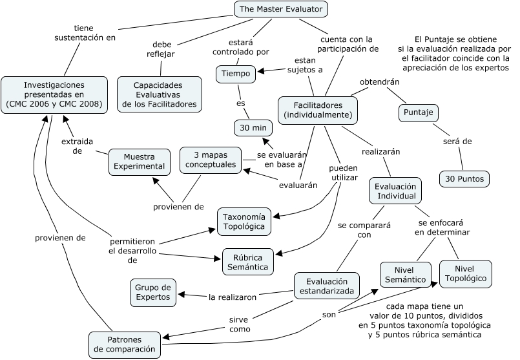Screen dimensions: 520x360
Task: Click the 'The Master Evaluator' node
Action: pyautogui.click(x=280, y=9)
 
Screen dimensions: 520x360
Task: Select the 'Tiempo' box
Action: pyautogui.click(x=236, y=74)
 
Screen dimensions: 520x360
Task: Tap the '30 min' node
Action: pyautogui.click(x=253, y=128)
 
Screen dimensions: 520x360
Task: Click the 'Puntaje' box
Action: pyautogui.click(x=418, y=113)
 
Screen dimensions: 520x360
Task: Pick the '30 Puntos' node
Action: pyautogui.click(x=464, y=179)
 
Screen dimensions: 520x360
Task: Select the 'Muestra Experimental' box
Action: pyautogui.click(x=140, y=162)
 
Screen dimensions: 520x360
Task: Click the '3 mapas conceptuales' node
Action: pyautogui.click(x=211, y=160)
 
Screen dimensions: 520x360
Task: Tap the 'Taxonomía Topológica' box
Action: pyautogui.click(x=244, y=222)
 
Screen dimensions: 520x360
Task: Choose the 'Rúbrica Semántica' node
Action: pyautogui.click(x=248, y=262)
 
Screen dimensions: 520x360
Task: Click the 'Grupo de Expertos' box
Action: pyautogui.click(x=153, y=293)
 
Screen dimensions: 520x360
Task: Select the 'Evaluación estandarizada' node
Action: pyautogui.click(x=327, y=286)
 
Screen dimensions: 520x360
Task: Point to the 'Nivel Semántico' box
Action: pyautogui.click(x=405, y=275)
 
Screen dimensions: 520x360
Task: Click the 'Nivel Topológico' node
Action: pyautogui.click(x=466, y=274)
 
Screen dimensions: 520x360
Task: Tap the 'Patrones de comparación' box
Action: pyautogui.click(x=125, y=344)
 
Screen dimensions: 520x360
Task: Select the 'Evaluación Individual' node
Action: pyautogui.click(x=395, y=191)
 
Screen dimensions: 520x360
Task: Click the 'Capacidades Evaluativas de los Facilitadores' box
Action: pyautogui.click(x=160, y=94)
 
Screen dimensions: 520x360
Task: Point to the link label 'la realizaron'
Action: pyautogui.click(x=233, y=297)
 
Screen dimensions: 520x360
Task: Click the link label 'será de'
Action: pyautogui.click(x=457, y=142)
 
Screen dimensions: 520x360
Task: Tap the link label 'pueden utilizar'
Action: pyautogui.click(x=344, y=173)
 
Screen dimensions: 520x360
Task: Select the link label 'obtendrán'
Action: pyautogui.click(x=380, y=81)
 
